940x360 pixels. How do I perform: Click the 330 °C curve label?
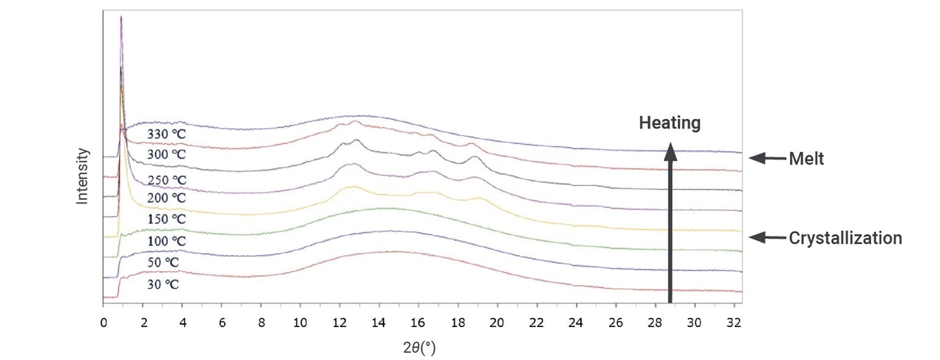tap(167, 134)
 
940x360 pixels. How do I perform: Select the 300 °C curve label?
tap(167, 155)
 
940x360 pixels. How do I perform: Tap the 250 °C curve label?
tap(167, 180)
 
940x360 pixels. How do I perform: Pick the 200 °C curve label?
tap(167, 198)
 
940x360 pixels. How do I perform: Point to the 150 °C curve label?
tap(167, 220)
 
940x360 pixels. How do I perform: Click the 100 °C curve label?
tap(167, 241)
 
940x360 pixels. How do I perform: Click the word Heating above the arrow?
tap(669, 123)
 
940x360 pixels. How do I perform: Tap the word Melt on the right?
tap(806, 158)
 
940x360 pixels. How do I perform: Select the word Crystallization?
tap(845, 238)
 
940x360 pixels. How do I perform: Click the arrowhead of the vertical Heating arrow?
tap(670, 150)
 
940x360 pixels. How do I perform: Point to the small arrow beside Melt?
tap(767, 158)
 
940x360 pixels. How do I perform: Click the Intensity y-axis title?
tap(83, 176)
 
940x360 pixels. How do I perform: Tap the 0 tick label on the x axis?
tap(104, 322)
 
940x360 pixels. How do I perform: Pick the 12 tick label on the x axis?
tap(339, 322)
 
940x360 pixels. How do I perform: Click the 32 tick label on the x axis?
tap(732, 322)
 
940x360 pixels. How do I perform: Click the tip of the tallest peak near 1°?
tap(121, 16)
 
